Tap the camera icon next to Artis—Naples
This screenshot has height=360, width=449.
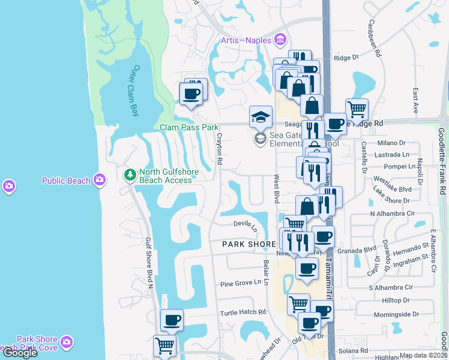click(279, 40)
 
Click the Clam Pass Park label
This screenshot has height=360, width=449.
click(189, 127)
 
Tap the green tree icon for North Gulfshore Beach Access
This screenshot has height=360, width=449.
click(129, 175)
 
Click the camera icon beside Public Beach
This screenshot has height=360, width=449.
click(99, 180)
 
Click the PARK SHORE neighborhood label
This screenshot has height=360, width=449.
click(249, 244)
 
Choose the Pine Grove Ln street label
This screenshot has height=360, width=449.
click(241, 283)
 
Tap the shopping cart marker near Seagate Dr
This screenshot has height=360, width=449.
click(357, 109)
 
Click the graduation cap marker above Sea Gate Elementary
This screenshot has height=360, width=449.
click(261, 116)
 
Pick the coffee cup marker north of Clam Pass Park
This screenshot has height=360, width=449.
click(191, 94)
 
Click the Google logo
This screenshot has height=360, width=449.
click(19, 353)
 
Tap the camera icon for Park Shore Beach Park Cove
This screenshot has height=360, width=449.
click(67, 343)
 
